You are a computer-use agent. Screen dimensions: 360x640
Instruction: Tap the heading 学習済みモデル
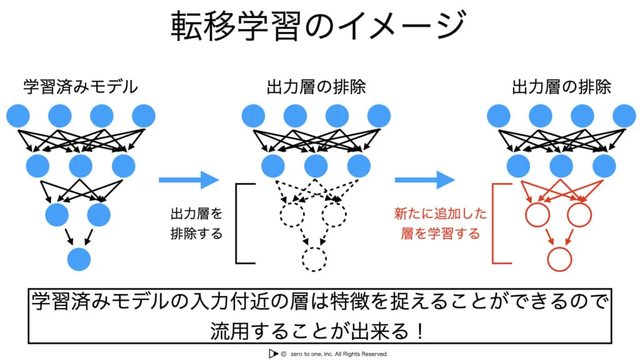[x=80, y=86]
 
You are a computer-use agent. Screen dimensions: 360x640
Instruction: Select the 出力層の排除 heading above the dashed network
[x=316, y=86]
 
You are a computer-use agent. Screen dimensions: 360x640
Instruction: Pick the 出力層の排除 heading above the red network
[x=561, y=86]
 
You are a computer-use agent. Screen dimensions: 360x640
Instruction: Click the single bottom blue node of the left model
[x=80, y=259]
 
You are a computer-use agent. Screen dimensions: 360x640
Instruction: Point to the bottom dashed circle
[x=314, y=259]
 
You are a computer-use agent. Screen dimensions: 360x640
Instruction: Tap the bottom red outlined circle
[x=559, y=259]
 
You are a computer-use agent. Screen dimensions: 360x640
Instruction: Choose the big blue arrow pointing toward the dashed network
[x=189, y=181]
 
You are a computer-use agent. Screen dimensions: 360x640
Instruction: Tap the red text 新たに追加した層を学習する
[x=440, y=224]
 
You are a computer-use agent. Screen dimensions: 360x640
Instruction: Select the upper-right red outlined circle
[x=579, y=215]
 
